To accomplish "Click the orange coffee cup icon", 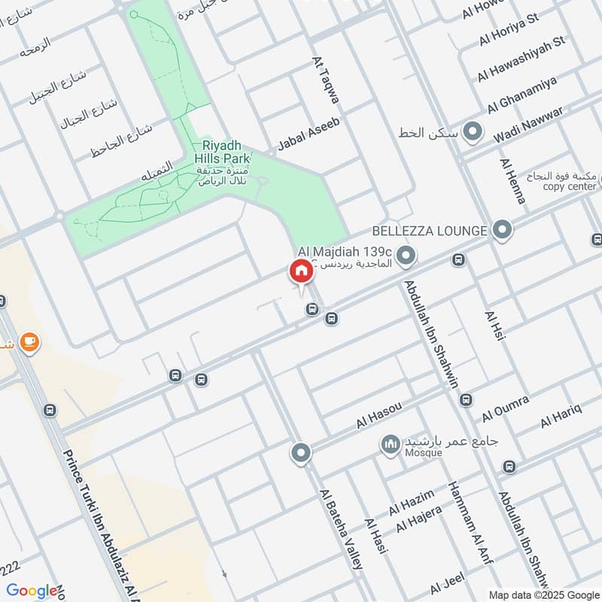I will click(29, 343).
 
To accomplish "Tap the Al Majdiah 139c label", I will click(345, 251).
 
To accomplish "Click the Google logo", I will click(32, 591).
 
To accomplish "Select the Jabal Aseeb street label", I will click(309, 134).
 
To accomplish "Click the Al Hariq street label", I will click(561, 417).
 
